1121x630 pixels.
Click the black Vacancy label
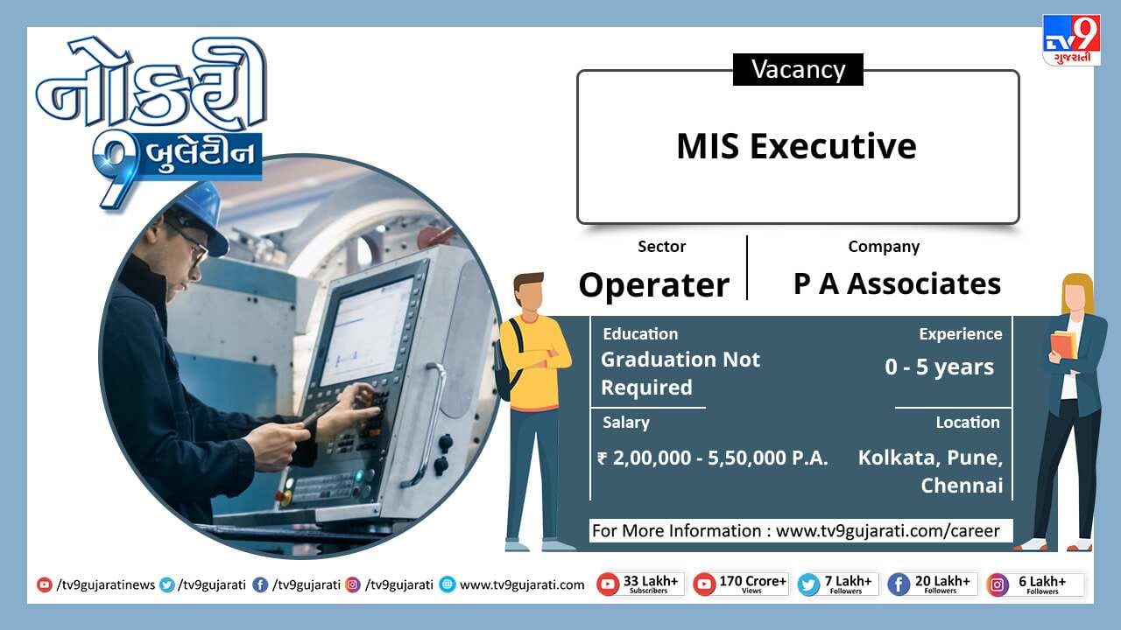click(x=798, y=69)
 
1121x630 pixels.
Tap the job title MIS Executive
click(x=797, y=146)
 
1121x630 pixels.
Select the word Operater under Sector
click(x=653, y=285)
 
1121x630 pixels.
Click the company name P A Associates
click(x=898, y=284)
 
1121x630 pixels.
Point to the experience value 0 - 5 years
click(x=939, y=367)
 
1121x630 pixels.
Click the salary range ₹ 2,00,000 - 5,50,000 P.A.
click(x=713, y=458)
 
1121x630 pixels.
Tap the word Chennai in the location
click(x=962, y=486)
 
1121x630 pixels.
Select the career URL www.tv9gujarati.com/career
click(x=888, y=530)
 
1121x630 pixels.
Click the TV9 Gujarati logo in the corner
click(x=1071, y=40)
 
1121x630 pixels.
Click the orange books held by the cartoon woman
click(x=1064, y=344)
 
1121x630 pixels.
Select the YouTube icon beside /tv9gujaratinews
click(x=44, y=584)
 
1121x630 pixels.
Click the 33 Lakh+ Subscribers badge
click(x=640, y=584)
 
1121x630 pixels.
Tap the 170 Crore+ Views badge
click(x=741, y=584)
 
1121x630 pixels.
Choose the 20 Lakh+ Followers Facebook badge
click(x=933, y=584)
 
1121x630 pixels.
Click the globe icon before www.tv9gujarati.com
click(x=448, y=584)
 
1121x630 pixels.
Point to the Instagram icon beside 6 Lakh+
click(x=998, y=585)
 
